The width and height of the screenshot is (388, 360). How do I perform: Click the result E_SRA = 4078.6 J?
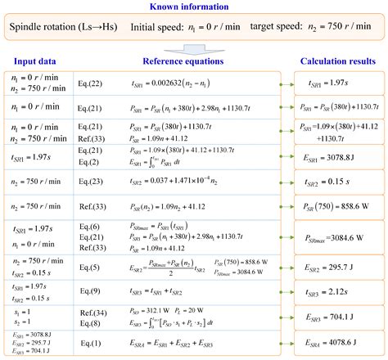tap(337, 344)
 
